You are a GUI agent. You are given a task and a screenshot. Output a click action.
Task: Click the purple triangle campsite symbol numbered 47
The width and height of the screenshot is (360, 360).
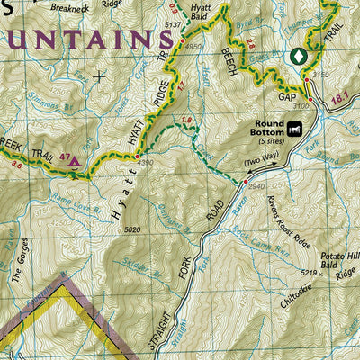coord(75,163)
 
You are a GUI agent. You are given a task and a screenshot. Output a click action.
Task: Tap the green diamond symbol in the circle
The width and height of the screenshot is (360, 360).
coord(298,56)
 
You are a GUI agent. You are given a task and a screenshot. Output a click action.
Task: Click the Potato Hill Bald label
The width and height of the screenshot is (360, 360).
coord(339,260)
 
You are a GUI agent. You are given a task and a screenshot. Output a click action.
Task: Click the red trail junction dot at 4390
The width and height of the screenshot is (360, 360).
coord(137,158)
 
